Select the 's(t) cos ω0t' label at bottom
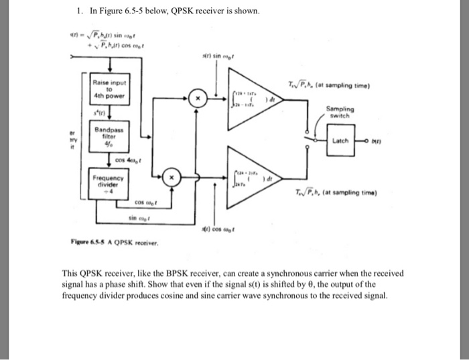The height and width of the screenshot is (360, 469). point(216,231)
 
